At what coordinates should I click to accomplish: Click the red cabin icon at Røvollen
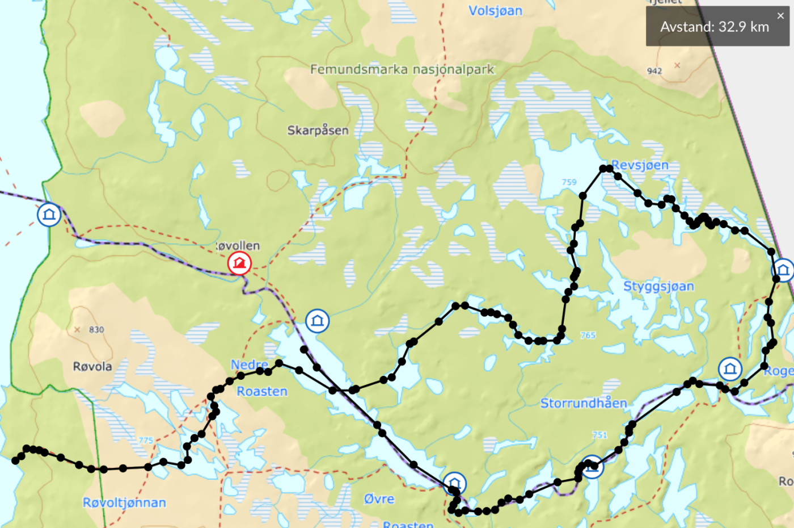click(x=239, y=263)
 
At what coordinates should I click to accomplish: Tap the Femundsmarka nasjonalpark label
click(x=402, y=69)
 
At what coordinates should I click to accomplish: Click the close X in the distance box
click(x=780, y=16)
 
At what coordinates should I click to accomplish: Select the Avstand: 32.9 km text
click(x=714, y=27)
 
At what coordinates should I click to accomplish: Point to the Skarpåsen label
click(x=318, y=130)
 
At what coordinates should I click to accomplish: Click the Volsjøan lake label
click(x=495, y=11)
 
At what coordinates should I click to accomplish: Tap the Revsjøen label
click(x=640, y=165)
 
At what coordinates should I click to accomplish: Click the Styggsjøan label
click(x=658, y=286)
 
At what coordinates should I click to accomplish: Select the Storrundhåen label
click(x=583, y=403)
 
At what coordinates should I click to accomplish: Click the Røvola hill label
click(x=92, y=366)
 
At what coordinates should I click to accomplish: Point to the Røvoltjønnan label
click(x=124, y=502)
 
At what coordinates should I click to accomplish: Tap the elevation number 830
click(x=96, y=329)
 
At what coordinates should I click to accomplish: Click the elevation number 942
click(x=654, y=71)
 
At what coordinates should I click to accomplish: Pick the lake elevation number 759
click(x=569, y=182)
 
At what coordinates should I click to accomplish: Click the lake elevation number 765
click(x=588, y=335)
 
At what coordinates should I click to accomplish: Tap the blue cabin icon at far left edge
click(x=49, y=215)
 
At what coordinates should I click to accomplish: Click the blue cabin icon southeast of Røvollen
click(x=317, y=321)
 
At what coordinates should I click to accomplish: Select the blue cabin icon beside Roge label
click(x=730, y=369)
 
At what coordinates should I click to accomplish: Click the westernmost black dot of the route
click(x=15, y=460)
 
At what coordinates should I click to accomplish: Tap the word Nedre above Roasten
click(x=249, y=364)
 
